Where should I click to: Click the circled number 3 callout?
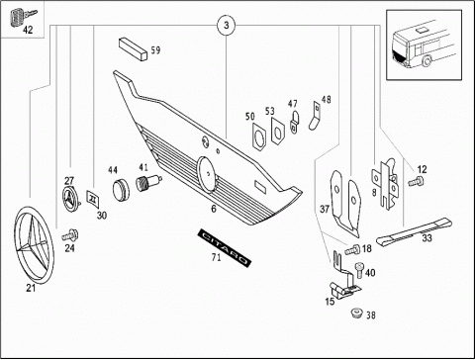pos(227,26)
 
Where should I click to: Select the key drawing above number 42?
pos(23,17)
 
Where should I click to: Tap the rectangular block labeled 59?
pos(133,48)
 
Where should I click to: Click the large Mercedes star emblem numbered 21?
pos(34,245)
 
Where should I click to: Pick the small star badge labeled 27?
pos(70,199)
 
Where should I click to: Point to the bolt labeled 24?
pos(70,235)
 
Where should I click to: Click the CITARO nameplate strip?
pos(225,247)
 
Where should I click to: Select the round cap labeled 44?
pos(121,190)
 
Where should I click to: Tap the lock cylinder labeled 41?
pos(147,183)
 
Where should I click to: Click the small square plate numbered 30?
pos(93,199)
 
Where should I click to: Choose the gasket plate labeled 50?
pos(259,136)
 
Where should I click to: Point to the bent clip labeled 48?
pos(315,116)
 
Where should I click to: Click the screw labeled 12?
pos(417,181)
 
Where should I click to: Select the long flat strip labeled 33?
pos(415,231)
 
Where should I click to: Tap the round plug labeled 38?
pos(356,313)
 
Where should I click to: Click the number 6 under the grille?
pos(214,209)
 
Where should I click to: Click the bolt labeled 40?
pos(359,270)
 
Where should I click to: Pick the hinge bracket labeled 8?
pos(385,183)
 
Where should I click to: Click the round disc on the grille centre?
pos(207,174)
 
